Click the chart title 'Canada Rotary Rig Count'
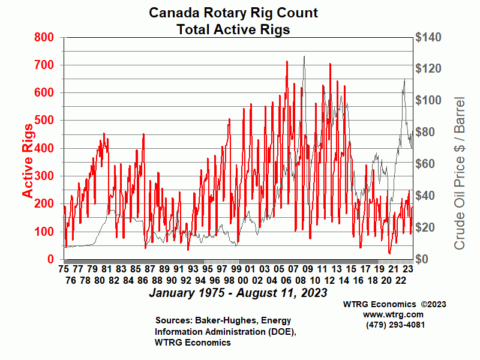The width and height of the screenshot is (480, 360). pos(233,13)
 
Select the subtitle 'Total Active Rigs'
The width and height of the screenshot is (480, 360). pos(233,29)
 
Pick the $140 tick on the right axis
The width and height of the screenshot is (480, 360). pos(430,37)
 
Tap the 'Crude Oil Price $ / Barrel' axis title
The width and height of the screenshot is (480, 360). pos(460,173)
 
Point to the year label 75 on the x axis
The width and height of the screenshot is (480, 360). pos(64,269)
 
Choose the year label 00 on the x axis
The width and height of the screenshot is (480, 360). pos(243,280)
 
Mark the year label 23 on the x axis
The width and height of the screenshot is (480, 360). pos(408,269)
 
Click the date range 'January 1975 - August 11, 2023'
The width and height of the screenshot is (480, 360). pos(238,293)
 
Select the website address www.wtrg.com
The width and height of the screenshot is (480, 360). pos(394,314)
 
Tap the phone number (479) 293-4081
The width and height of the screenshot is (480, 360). pos(394,325)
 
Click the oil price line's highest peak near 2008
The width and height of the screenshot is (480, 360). pos(304,57)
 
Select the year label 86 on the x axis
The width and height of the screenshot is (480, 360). pos(142,280)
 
